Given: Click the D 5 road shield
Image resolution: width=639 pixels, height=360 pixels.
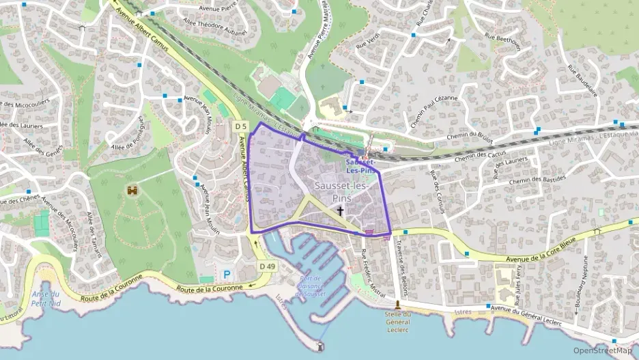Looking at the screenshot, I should coord(240,126).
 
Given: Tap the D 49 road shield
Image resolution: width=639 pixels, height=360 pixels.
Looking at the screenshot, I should coord(267,266).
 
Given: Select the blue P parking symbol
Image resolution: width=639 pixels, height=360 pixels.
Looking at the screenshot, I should coord(227,275).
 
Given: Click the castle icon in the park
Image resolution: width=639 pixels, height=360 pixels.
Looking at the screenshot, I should coord(131,192).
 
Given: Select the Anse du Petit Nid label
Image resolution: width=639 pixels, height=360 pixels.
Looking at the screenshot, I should coord(46,299).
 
